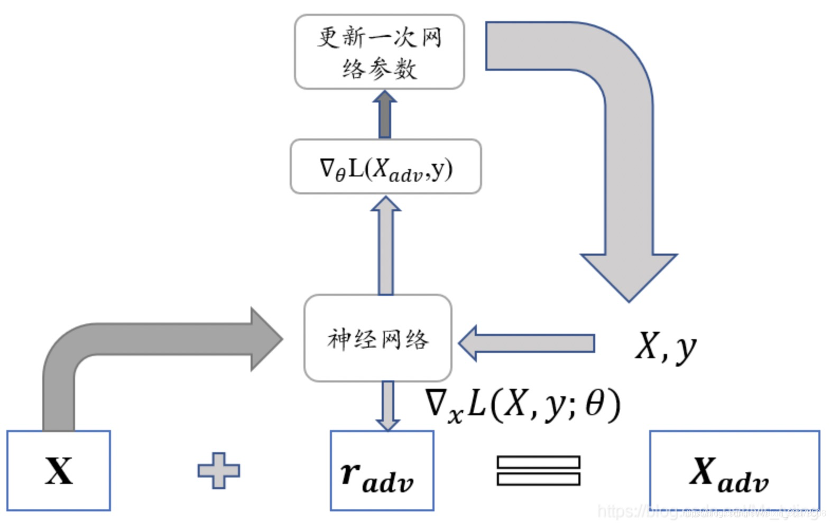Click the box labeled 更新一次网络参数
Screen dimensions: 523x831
(x=379, y=52)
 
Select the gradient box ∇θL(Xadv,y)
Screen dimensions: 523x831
(x=385, y=167)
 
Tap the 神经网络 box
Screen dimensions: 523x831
(x=377, y=338)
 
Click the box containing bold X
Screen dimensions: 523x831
(x=58, y=470)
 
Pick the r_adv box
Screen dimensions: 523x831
(x=382, y=470)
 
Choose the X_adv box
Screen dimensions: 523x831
(x=734, y=470)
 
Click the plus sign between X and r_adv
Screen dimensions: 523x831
(x=218, y=470)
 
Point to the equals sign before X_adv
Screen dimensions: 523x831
(x=538, y=470)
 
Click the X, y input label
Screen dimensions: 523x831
(x=665, y=347)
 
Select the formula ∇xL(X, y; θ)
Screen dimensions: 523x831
(x=522, y=406)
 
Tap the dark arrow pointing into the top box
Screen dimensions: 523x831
(x=385, y=114)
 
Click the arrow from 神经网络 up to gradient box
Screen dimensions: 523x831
(x=385, y=246)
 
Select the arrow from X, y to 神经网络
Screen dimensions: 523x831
(x=526, y=343)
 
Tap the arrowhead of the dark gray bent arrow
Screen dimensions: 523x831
(x=265, y=339)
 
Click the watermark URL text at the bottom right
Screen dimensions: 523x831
(x=711, y=511)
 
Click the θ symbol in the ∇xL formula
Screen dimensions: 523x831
(x=594, y=405)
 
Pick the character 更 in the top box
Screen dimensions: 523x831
(x=329, y=37)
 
